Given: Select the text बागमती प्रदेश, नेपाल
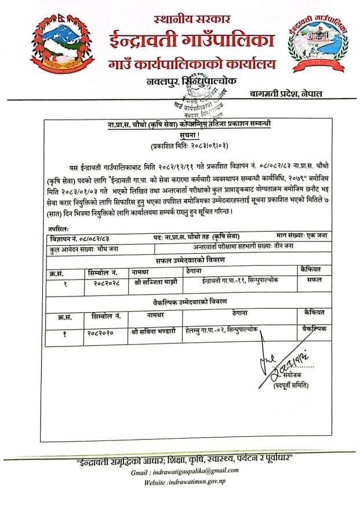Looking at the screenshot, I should pyautogui.click(x=286, y=93).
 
